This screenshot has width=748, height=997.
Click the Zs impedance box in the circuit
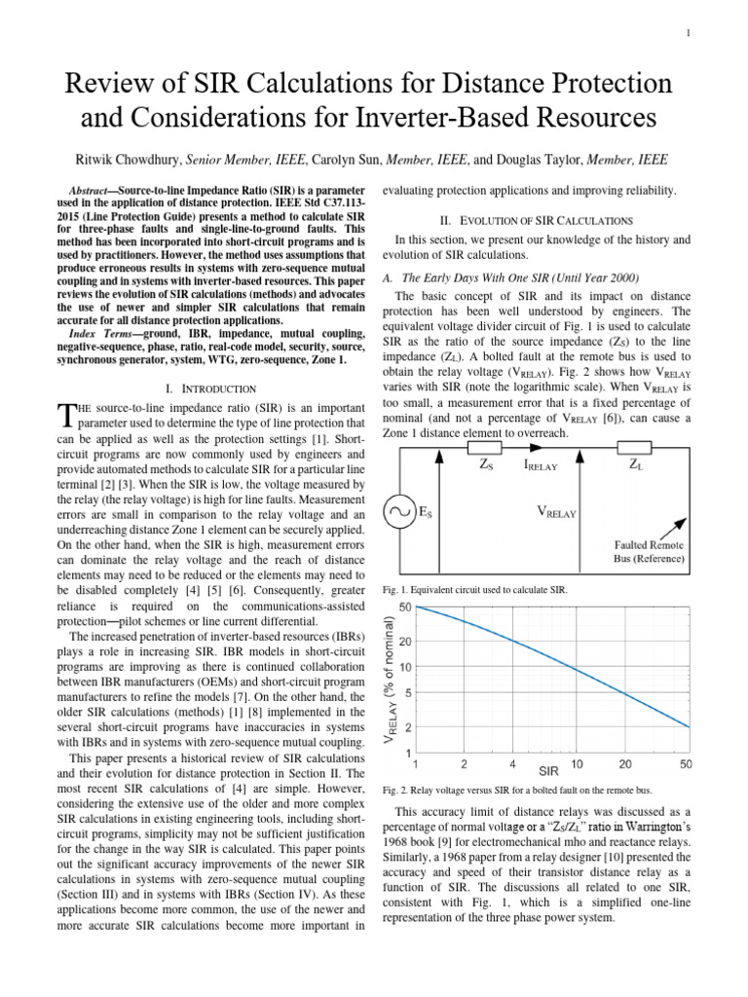coord(485,449)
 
